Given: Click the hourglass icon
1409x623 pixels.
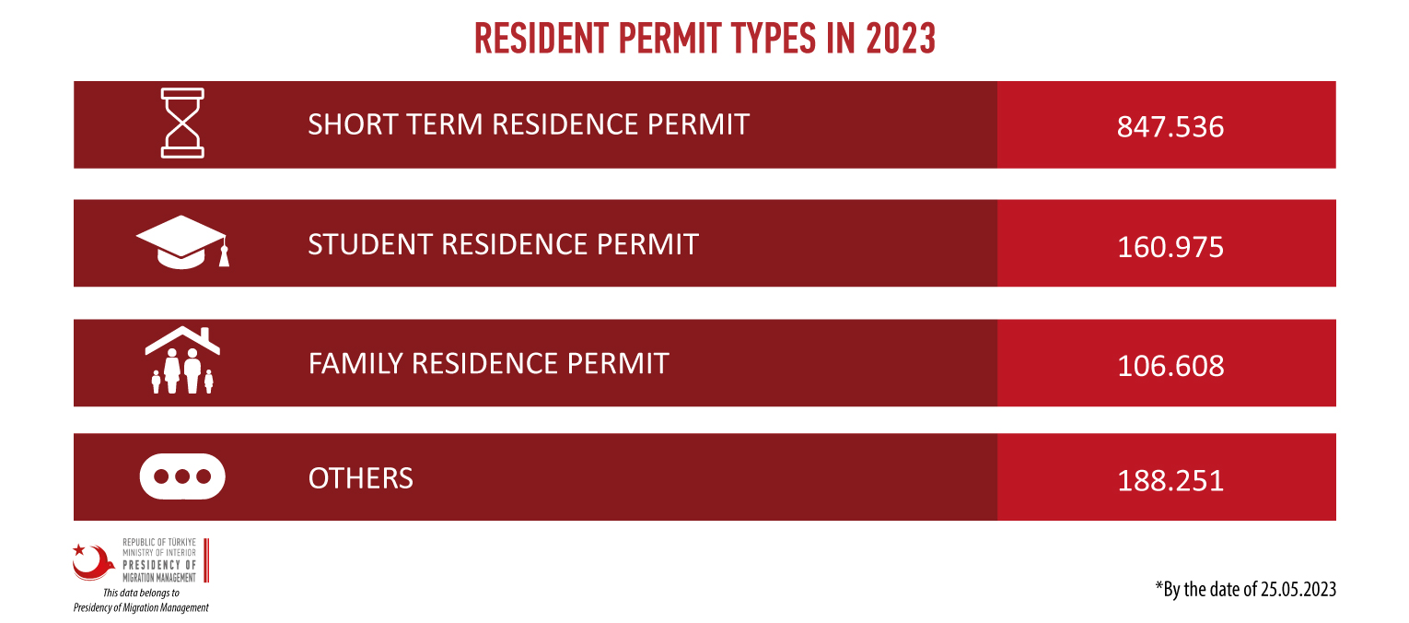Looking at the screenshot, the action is click(182, 123).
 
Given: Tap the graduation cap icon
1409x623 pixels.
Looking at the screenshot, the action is click(182, 242).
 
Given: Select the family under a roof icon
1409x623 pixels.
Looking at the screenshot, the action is click(182, 360).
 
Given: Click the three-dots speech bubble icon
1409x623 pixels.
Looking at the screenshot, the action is click(182, 476).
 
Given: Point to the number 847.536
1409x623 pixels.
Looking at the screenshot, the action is click(1170, 127).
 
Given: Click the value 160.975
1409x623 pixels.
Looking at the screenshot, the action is click(1170, 247).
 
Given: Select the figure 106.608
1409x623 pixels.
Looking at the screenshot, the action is click(1170, 366).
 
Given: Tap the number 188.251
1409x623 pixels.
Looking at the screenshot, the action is click(1170, 481).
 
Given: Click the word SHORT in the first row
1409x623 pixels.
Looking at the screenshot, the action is click(352, 124).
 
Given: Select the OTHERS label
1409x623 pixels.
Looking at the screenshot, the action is click(360, 478).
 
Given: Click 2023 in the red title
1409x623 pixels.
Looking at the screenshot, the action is click(901, 39).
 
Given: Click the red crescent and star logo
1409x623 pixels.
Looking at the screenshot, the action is click(92, 562).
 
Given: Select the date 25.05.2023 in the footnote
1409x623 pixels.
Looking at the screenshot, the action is click(1298, 590).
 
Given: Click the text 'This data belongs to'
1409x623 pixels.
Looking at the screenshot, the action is click(141, 593).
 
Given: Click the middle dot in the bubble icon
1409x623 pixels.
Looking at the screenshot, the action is click(182, 476).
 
